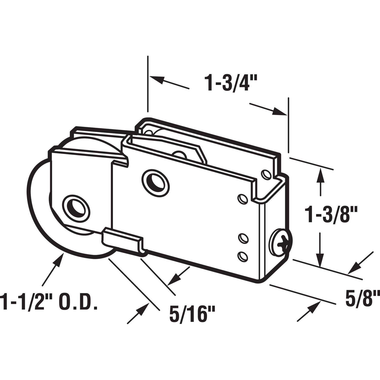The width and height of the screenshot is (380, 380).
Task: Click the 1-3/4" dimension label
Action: click(x=230, y=83)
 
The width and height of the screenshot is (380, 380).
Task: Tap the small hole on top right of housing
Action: click(x=266, y=174)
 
